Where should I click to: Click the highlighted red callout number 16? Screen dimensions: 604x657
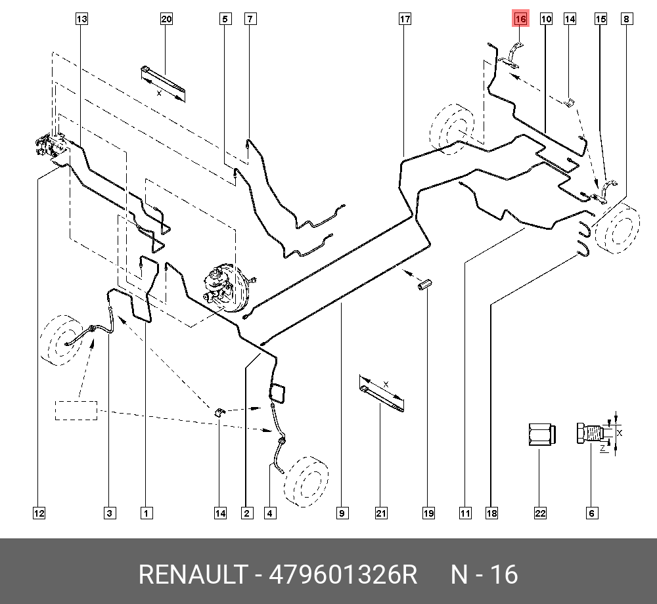[x=520, y=19]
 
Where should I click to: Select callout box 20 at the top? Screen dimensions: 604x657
[x=166, y=19]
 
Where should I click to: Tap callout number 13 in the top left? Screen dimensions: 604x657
[x=81, y=19]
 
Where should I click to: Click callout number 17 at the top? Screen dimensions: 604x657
[x=405, y=19]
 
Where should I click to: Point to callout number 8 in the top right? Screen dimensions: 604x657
[x=627, y=19]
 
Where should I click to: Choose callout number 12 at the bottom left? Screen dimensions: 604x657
[x=39, y=513]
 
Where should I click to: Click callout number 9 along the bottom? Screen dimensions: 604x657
[x=342, y=513]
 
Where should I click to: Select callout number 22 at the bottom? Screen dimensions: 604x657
[x=540, y=513]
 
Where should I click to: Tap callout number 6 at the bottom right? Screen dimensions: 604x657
[x=591, y=513]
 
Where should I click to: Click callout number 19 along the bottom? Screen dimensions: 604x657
[x=428, y=513]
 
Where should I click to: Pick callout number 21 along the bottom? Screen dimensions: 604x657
[x=381, y=513]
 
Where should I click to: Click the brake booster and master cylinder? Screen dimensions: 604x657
[x=223, y=286]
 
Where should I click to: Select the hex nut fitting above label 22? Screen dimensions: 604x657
[x=541, y=434]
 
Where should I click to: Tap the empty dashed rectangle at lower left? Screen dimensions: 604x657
[x=76, y=410]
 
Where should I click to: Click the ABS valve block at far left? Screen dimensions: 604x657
[x=49, y=146]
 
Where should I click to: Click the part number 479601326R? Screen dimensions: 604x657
[x=344, y=575]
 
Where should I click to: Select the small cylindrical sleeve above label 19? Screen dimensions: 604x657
[x=425, y=285]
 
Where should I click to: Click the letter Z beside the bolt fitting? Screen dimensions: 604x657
[x=602, y=447]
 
